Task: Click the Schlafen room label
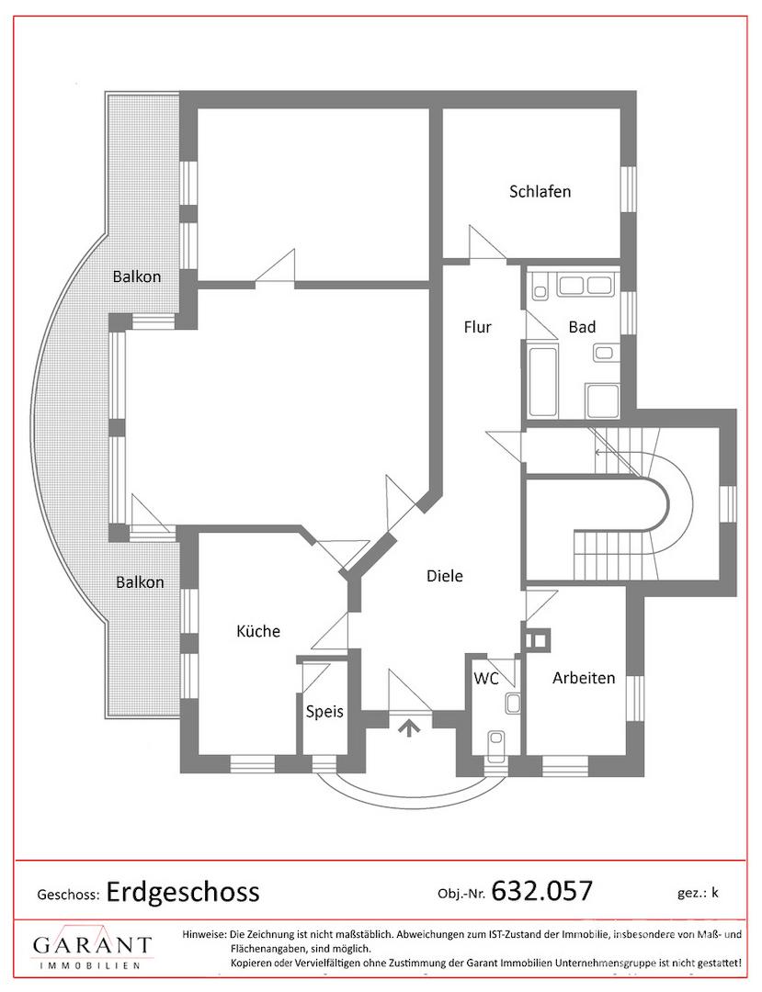tap(540, 191)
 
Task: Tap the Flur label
tap(477, 327)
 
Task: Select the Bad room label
tap(582, 327)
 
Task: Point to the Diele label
tap(444, 576)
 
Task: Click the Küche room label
tap(258, 631)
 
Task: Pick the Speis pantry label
tap(324, 712)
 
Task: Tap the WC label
tap(486, 679)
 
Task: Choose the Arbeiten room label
tap(584, 678)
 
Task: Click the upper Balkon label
tap(137, 276)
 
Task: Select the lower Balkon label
tap(140, 582)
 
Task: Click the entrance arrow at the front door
tap(410, 727)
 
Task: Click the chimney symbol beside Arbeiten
tap(538, 639)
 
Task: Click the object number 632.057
tap(541, 891)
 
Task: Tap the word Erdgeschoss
tap(183, 892)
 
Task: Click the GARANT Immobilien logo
tap(93, 946)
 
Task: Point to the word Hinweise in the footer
tap(204, 934)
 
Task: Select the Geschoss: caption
tap(68, 895)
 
